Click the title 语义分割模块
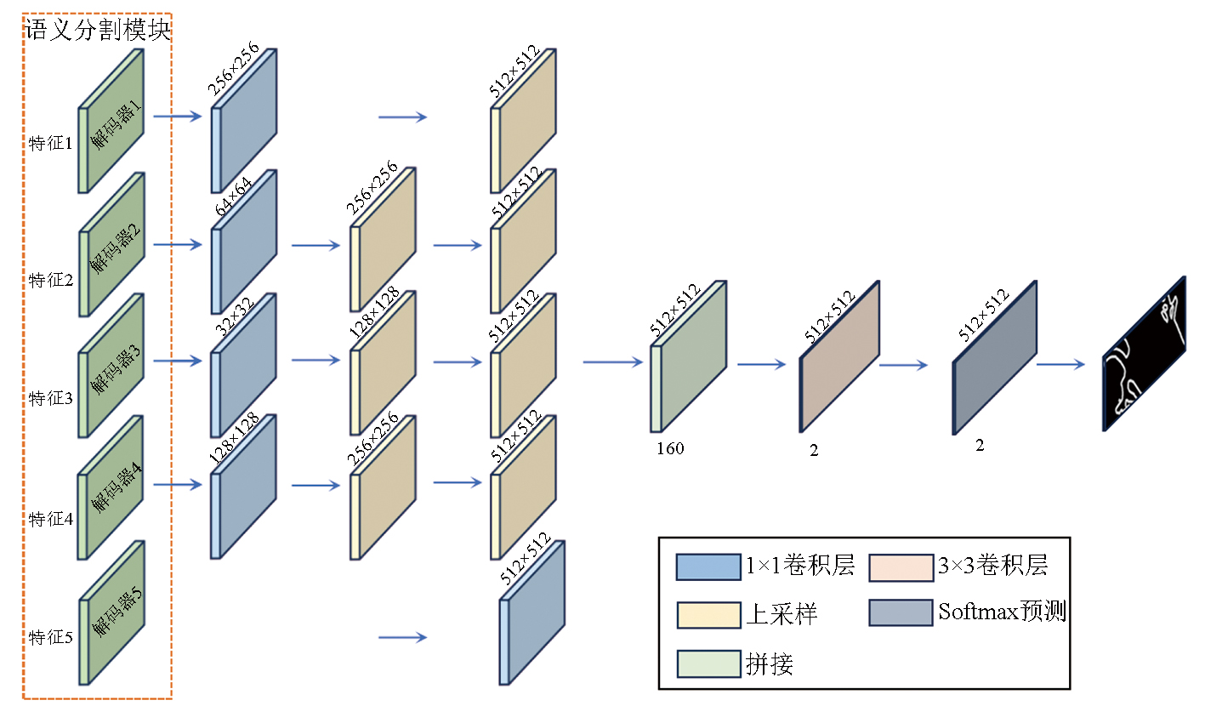point(99,31)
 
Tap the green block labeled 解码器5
point(112,612)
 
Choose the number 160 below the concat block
point(670,448)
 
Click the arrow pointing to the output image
point(1060,364)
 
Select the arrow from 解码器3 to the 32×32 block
point(178,361)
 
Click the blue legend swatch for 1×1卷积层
point(708,567)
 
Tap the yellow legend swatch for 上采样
point(708,615)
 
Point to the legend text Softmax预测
point(1002,612)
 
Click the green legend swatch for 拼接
point(708,663)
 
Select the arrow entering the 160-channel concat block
point(612,362)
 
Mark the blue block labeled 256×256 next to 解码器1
point(245,121)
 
